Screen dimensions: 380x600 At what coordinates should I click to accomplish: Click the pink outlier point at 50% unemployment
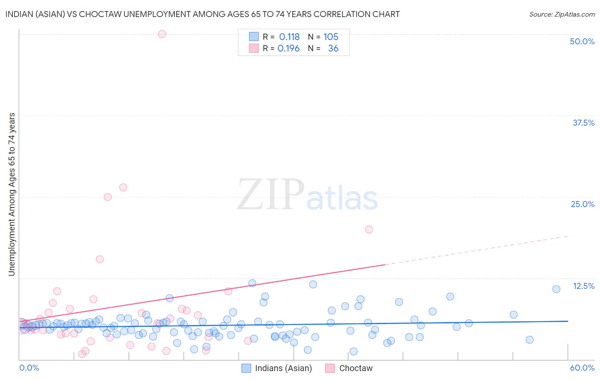[x=162, y=34]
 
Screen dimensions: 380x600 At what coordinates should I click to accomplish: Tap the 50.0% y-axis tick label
[x=582, y=41]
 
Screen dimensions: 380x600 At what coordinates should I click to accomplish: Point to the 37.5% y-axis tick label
[x=583, y=123]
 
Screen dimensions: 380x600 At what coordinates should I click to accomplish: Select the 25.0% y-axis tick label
[x=583, y=204]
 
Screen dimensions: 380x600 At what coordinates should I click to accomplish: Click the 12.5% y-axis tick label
[x=583, y=286]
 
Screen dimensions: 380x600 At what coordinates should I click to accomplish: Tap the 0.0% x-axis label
[x=29, y=368]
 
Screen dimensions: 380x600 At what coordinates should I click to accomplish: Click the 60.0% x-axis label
[x=582, y=368]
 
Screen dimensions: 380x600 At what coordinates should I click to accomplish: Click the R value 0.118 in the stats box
[x=289, y=37]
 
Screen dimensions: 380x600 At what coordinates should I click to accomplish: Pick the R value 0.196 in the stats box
[x=288, y=49]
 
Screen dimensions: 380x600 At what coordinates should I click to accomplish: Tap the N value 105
[x=331, y=37]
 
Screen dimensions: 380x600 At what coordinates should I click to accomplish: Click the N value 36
[x=333, y=49]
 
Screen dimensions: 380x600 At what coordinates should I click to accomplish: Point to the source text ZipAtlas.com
[x=562, y=14]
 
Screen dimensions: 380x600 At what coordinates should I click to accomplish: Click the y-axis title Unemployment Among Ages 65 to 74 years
[x=12, y=194]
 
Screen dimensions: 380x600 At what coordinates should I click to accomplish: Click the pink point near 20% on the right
[x=369, y=230]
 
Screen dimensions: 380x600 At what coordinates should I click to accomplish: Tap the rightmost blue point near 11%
[x=556, y=289]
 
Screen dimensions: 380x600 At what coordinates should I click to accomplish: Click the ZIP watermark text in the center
[x=270, y=195]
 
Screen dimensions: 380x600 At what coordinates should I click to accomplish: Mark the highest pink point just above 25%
[x=123, y=187]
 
